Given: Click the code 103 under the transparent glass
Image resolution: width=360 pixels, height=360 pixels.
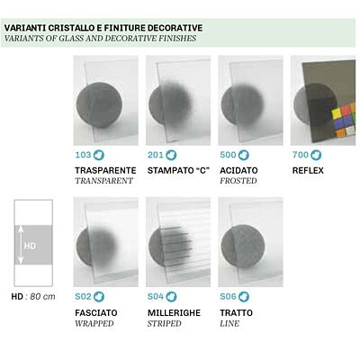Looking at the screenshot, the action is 83,155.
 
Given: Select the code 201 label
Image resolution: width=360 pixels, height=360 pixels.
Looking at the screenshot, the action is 155,155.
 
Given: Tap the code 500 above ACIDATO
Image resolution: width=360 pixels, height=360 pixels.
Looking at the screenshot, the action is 228,155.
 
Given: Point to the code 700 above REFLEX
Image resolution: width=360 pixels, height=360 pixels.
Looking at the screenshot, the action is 301,155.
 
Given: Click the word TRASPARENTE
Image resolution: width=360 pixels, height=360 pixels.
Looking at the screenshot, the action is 105,170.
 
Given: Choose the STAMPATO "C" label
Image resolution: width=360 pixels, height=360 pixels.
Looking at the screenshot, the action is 178,170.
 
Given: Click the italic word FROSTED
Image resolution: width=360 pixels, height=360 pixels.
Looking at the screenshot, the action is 238,181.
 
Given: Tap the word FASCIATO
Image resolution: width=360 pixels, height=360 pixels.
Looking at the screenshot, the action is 96,313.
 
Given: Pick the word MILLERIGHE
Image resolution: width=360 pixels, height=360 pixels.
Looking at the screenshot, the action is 174,313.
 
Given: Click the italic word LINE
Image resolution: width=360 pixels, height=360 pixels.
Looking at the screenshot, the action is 229,324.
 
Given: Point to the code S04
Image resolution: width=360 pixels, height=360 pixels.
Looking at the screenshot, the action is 156,296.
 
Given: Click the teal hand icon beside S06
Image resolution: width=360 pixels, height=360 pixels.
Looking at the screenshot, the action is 244,296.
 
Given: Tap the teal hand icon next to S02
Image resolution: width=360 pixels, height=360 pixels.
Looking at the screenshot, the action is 99,296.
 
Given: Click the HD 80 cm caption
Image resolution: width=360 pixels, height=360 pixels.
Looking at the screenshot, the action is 33,297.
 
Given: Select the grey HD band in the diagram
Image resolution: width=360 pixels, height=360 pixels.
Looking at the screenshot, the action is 33,245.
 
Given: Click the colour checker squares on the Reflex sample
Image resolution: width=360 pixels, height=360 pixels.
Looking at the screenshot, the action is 344,121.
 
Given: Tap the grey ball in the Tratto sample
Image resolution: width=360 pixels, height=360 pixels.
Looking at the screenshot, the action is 243,246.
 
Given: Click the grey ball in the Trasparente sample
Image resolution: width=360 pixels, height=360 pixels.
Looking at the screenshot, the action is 99,105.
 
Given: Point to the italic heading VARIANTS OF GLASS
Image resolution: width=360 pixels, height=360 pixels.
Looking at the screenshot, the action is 100,39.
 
